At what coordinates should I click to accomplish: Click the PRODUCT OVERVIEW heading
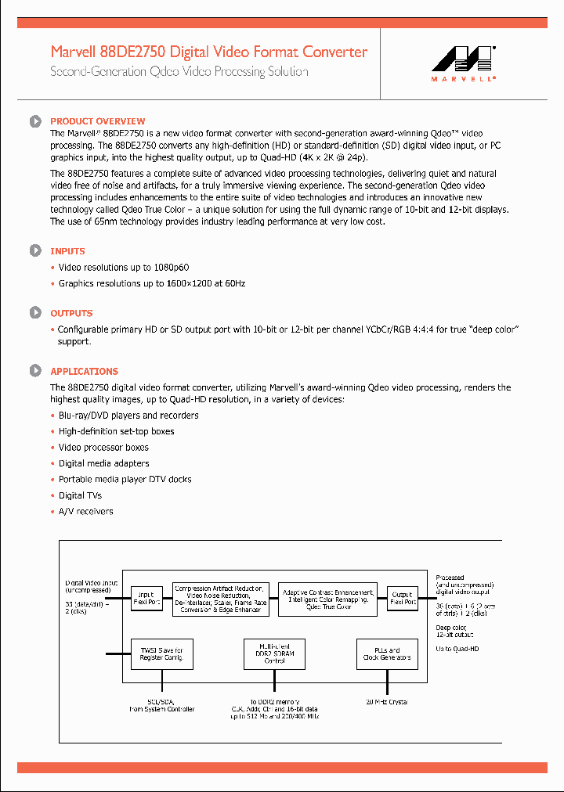[x=97, y=121]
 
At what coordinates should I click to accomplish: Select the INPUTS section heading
[x=67, y=251]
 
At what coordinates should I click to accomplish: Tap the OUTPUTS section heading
[x=71, y=313]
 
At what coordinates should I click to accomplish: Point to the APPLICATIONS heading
[x=84, y=372]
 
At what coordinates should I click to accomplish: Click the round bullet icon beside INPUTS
[x=35, y=250]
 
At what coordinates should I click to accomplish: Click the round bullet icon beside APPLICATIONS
[x=35, y=371]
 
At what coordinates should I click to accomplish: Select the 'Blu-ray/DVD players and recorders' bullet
[x=128, y=416]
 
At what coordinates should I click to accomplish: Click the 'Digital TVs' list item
[x=80, y=495]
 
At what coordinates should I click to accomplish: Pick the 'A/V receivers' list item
[x=85, y=512]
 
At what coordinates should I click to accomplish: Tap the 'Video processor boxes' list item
[x=103, y=448]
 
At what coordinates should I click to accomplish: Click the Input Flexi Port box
[x=146, y=599]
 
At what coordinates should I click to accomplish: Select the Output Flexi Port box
[x=403, y=599]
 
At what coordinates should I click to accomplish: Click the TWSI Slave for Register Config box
[x=162, y=654]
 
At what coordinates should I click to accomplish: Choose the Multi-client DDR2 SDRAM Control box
[x=275, y=654]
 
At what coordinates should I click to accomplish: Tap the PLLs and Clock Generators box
[x=388, y=654]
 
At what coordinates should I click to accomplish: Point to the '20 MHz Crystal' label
[x=388, y=702]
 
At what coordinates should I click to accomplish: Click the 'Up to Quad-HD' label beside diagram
[x=458, y=650]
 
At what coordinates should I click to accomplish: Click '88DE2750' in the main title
[x=132, y=52]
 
